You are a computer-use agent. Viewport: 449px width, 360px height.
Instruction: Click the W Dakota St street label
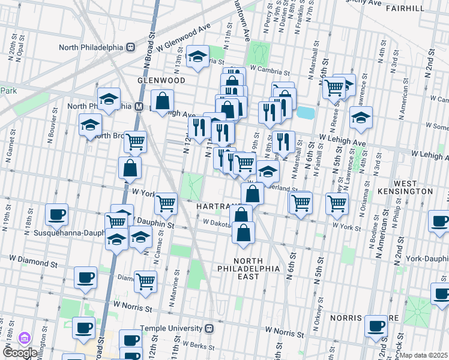[x=217, y=222]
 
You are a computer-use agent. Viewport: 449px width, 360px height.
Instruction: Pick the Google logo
[x=20, y=353]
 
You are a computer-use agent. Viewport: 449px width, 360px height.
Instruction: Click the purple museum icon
[x=25, y=338]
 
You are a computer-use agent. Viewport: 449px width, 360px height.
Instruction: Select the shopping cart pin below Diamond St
[x=146, y=280]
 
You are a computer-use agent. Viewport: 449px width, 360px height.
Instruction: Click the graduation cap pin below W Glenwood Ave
[x=197, y=56]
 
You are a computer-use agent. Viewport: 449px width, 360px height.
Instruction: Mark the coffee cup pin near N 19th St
[x=57, y=214]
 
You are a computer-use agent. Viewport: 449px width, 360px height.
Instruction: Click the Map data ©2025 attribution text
[x=423, y=355]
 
